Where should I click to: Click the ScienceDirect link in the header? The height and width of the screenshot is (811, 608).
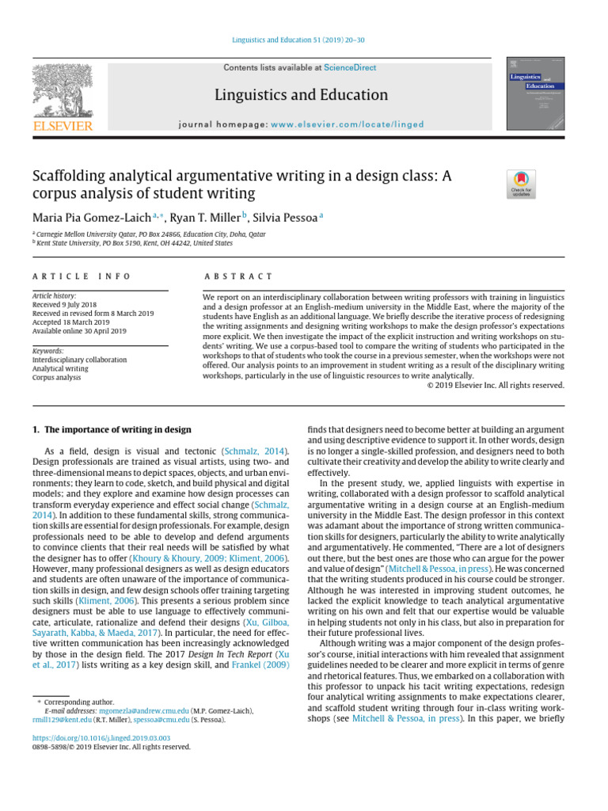350,69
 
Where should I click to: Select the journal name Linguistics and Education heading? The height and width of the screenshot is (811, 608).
302,96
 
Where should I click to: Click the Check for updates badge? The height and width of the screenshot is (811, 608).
521,185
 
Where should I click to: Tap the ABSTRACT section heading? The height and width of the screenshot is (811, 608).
238,276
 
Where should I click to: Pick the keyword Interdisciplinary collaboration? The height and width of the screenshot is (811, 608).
79,360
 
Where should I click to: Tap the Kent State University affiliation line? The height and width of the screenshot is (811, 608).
133,243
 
